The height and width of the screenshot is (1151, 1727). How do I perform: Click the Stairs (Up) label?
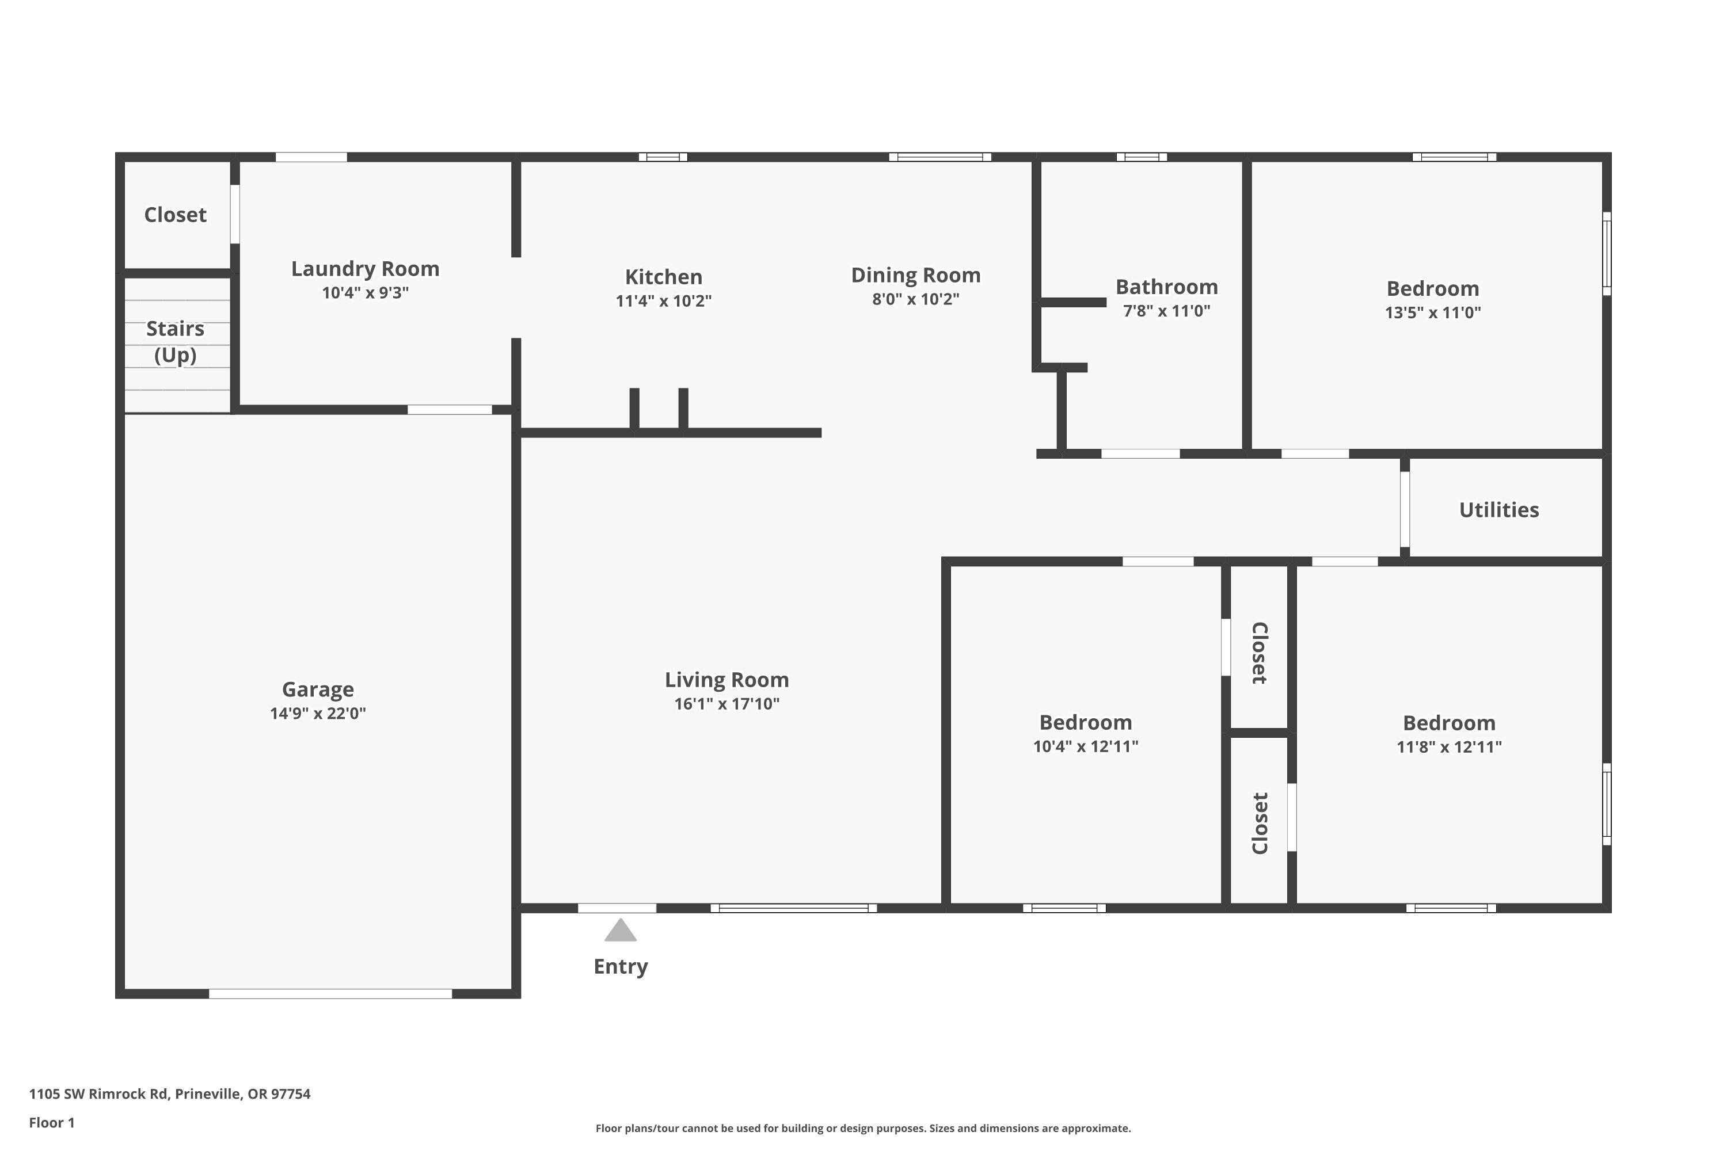[x=175, y=341]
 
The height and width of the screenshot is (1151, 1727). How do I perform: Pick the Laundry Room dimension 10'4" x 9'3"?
[x=365, y=292]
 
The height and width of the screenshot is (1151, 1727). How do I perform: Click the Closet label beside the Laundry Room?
[x=175, y=215]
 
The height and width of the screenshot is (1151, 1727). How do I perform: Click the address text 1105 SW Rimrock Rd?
[x=170, y=1094]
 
